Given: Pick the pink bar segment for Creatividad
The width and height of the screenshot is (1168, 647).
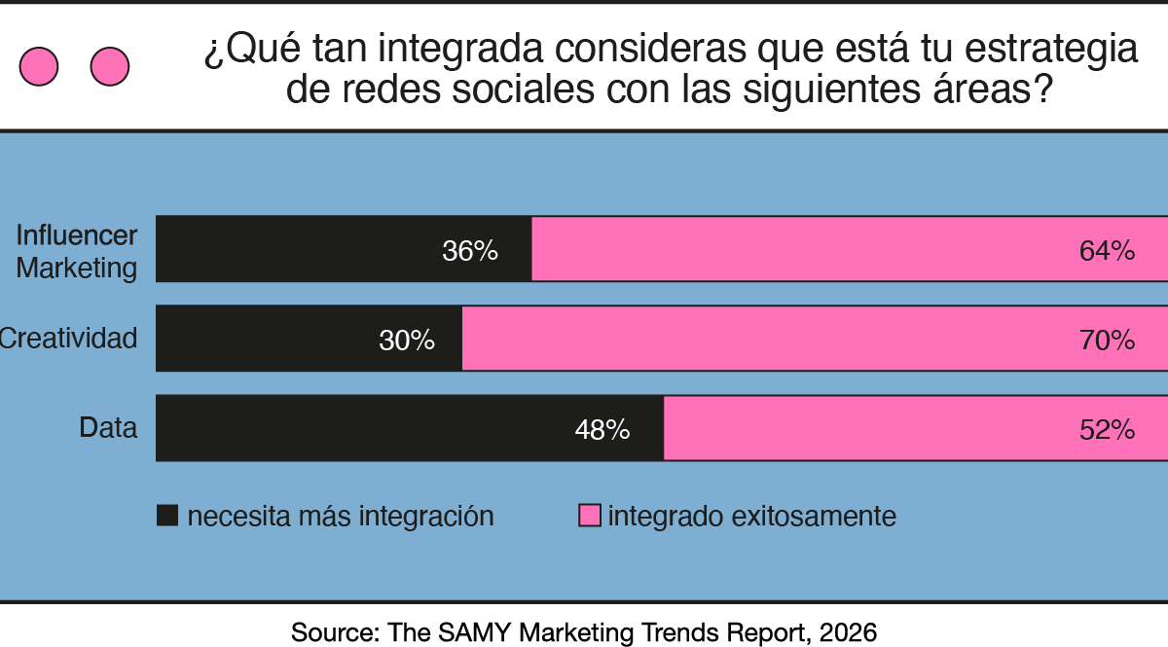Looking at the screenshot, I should (x=814, y=339).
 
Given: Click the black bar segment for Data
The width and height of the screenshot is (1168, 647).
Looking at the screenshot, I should (x=410, y=428).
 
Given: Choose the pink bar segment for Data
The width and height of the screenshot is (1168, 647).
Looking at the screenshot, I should (x=915, y=428).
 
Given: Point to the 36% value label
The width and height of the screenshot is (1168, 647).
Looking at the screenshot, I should (x=470, y=251).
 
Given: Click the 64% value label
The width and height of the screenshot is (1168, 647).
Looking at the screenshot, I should (x=1107, y=251).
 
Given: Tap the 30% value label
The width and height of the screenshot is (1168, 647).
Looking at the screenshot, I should (x=407, y=341).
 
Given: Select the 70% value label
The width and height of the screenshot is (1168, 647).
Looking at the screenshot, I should (x=1107, y=341).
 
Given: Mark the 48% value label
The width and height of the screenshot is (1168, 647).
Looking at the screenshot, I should (x=602, y=430).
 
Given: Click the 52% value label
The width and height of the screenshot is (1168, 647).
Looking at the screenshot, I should (x=1107, y=430).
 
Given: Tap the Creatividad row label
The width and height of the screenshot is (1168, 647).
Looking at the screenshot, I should (x=68, y=339).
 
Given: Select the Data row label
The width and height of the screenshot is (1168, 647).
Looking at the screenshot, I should (x=108, y=428).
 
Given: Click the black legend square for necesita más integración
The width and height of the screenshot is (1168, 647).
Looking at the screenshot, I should (x=167, y=516).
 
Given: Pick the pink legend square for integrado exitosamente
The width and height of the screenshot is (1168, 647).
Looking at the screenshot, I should (x=589, y=516).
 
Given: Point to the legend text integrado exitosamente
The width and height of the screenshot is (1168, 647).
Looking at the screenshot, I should (x=751, y=516).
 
